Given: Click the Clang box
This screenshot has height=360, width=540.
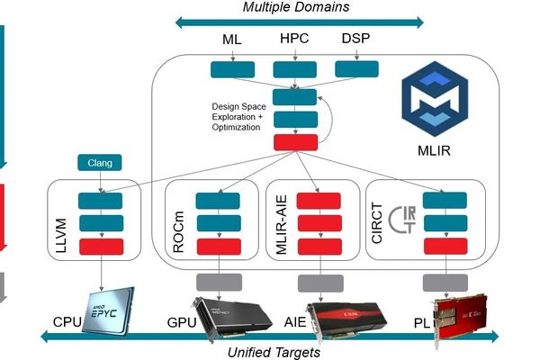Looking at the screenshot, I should [x=100, y=163].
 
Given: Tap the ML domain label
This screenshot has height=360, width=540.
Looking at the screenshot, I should [x=232, y=40].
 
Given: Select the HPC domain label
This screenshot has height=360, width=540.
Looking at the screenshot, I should [x=295, y=40].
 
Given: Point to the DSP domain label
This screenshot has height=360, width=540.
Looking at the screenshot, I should [x=355, y=40].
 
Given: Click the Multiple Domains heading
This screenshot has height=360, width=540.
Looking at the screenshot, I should [x=296, y=8].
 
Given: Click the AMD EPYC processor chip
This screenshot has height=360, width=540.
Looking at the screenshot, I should [x=103, y=310].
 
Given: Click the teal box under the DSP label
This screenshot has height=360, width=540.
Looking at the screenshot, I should [x=356, y=69].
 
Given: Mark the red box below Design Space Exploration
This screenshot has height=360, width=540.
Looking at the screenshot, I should [x=294, y=141].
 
